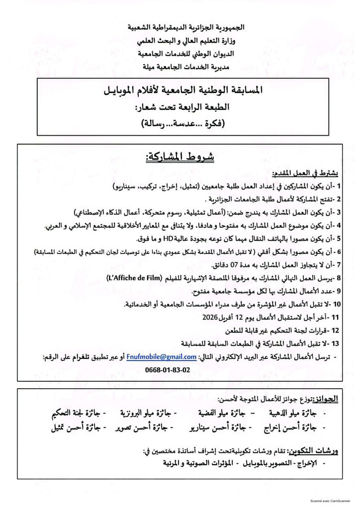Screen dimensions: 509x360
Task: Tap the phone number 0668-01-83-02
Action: (168, 370)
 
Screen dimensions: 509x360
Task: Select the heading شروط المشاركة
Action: (180, 158)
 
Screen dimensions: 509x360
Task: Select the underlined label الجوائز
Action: (329, 399)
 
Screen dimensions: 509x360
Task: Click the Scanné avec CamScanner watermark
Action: (330, 503)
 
